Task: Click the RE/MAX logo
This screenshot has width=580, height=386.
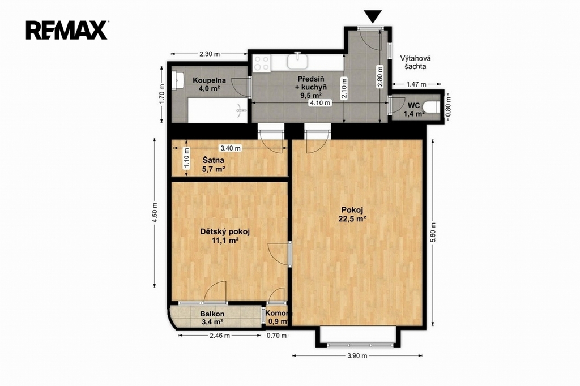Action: coord(67,30)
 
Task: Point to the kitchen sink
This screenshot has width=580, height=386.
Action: coord(298,61)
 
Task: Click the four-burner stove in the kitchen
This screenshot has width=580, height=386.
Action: coord(262,63)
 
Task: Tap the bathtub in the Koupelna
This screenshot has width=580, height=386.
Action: coord(217,110)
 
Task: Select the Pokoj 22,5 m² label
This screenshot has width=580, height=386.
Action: coord(352,214)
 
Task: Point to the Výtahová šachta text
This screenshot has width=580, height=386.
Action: coord(415,62)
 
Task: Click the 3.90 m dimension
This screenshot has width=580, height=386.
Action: coord(357,355)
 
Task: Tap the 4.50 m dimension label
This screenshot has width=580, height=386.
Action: coord(155,213)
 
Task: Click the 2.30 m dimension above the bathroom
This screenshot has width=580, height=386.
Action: coord(210,54)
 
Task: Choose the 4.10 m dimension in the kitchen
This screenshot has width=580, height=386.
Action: coord(320,103)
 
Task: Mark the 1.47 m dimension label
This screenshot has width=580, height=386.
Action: coord(416,84)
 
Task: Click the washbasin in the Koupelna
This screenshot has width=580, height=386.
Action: coord(178,80)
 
